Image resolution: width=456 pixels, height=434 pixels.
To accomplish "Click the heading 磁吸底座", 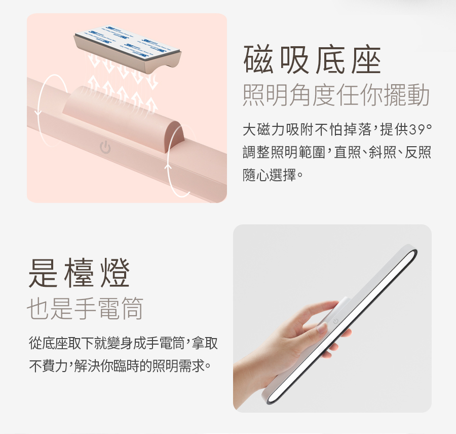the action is point(312,59).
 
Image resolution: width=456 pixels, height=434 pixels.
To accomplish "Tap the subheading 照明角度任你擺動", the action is point(336,94).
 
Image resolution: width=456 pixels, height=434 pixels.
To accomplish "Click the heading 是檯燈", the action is point(79,273).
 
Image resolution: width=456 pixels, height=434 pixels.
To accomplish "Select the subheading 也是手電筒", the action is point(85,308).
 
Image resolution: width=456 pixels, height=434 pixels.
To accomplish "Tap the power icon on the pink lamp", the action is point(105,147).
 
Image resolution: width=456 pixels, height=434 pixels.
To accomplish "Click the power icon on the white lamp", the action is point(335,321).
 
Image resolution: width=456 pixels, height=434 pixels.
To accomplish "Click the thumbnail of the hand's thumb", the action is point(322,328).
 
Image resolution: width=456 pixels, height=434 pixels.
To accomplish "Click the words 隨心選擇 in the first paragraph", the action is point(270,175).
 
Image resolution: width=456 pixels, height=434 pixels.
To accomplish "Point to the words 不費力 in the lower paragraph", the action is point(48,365).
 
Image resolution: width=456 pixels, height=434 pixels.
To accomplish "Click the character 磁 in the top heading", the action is point(258,59).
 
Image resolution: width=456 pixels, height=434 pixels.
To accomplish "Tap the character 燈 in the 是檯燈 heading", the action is point(115,273).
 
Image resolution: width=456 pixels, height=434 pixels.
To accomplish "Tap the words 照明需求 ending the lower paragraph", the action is point(178,365).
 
